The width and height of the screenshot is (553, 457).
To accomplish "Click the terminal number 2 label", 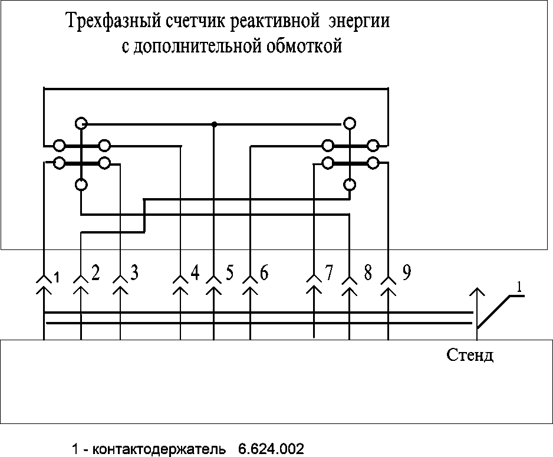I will click(x=96, y=272).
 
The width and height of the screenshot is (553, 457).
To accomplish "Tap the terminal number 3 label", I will click(x=134, y=272).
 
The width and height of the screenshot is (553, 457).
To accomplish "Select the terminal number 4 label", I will click(x=195, y=272).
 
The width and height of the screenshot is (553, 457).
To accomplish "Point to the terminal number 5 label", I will click(x=230, y=272).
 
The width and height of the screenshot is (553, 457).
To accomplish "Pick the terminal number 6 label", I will click(x=264, y=272).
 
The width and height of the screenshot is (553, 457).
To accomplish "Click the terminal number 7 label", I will click(x=329, y=272).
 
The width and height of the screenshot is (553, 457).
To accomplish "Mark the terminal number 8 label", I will click(x=368, y=272).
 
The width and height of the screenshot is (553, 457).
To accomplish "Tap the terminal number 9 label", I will click(x=406, y=272).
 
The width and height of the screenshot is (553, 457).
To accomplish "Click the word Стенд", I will click(x=470, y=357).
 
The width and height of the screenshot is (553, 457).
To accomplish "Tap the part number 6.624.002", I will click(x=271, y=450).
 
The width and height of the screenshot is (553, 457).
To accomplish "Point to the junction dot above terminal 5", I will click(x=213, y=124).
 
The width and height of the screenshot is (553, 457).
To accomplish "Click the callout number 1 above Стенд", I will click(x=519, y=287).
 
